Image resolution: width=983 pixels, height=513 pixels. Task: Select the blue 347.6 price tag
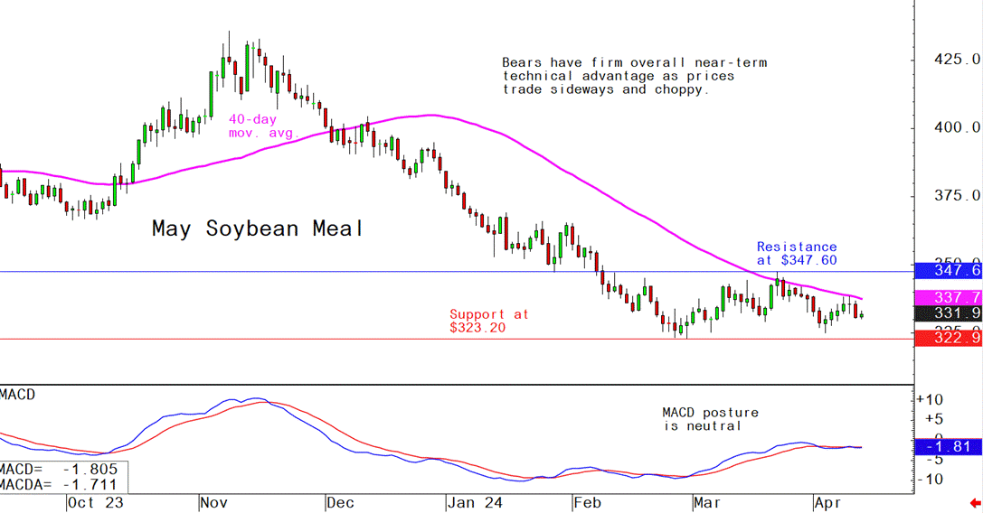tap(948, 271)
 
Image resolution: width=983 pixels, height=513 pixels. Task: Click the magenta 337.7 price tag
tap(948, 297)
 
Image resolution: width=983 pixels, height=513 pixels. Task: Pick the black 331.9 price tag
tap(948, 313)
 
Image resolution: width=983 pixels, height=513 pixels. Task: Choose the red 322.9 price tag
tap(948, 338)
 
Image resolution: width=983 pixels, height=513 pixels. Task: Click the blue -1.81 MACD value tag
tap(948, 447)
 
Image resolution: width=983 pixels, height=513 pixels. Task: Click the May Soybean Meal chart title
tap(257, 229)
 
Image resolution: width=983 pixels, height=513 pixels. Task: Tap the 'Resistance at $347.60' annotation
tap(797, 253)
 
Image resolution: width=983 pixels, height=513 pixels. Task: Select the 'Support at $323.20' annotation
tap(489, 321)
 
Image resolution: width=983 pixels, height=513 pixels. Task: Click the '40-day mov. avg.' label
tap(252, 126)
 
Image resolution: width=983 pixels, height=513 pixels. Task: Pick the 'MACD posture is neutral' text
tap(710, 419)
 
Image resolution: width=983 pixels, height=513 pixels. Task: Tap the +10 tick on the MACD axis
tap(931, 399)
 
